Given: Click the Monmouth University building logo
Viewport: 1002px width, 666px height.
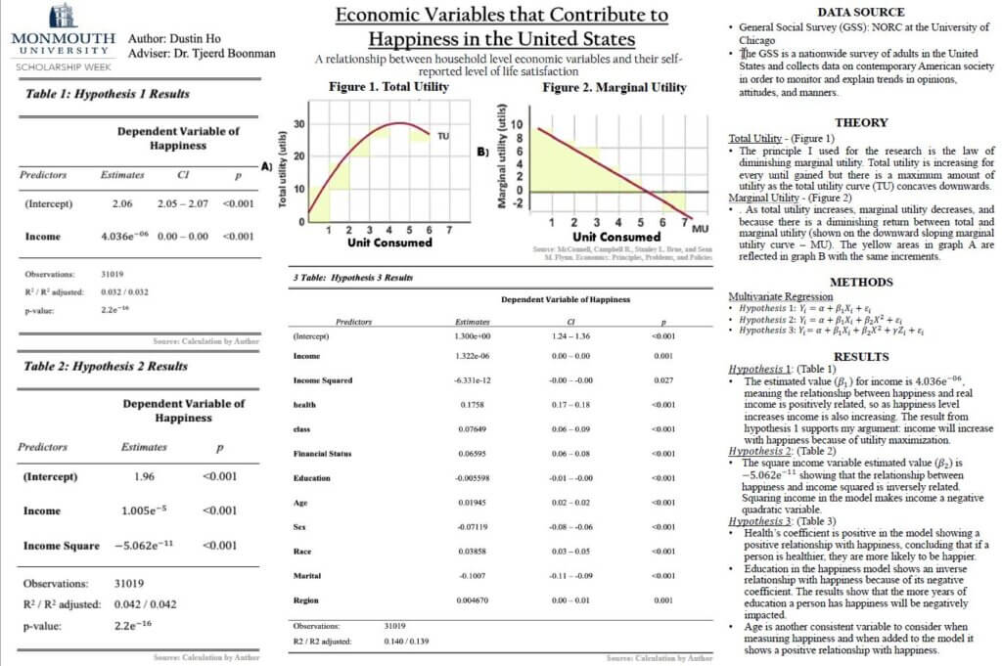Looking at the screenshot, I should click(x=63, y=15).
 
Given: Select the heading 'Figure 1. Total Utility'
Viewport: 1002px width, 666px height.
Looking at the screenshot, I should click(x=388, y=87).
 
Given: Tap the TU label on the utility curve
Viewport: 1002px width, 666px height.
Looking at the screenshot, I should click(x=442, y=135).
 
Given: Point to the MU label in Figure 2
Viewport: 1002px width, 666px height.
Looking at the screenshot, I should click(x=700, y=227).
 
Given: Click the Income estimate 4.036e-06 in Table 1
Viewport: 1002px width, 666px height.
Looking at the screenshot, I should click(x=124, y=236).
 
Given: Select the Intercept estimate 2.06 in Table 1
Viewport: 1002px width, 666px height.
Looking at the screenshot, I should click(x=122, y=204).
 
